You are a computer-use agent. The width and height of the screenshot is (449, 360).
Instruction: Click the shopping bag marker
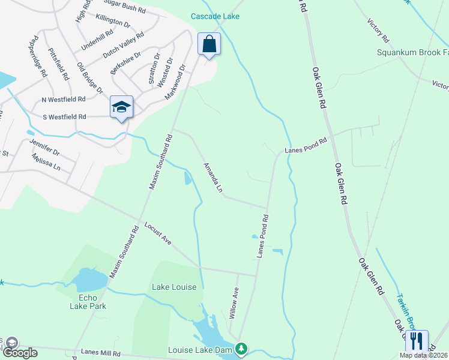pyautogui.click(x=209, y=44)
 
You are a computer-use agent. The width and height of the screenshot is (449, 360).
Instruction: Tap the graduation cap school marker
pyautogui.click(x=121, y=107)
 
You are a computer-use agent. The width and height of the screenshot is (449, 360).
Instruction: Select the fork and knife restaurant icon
pyautogui.click(x=417, y=341)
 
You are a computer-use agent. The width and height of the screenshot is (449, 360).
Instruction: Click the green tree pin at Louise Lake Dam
pyautogui.click(x=241, y=348)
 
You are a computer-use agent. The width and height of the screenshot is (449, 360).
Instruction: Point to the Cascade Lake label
pyautogui.click(x=215, y=16)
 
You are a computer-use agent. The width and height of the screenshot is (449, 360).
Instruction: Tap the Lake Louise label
pyautogui.click(x=174, y=287)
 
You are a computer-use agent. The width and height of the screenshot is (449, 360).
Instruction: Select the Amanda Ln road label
pyautogui.click(x=213, y=178)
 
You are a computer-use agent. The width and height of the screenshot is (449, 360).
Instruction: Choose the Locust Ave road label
pyautogui.click(x=158, y=233)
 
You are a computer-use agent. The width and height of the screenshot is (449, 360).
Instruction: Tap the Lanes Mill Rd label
pyautogui.click(x=101, y=353)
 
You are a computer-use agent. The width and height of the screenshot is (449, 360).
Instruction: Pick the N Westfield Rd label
pyautogui.click(x=64, y=99)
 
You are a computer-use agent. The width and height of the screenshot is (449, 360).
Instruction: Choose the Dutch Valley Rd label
pyautogui.click(x=123, y=45)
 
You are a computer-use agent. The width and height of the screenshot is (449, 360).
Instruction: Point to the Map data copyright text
pyautogui.click(x=424, y=355)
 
